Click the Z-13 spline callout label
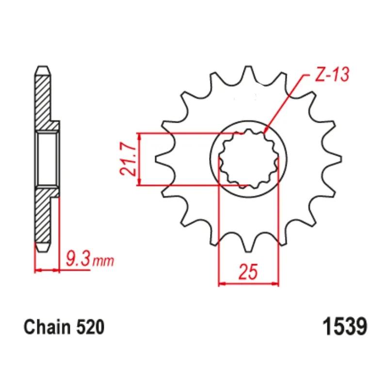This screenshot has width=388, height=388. click(332, 74)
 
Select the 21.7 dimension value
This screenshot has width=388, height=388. click(128, 159)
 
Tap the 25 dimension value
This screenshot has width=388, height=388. click(248, 271)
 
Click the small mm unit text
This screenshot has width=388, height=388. click(103, 261)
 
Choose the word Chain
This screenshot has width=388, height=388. click(47, 327)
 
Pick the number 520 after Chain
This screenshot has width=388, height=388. click(90, 327)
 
